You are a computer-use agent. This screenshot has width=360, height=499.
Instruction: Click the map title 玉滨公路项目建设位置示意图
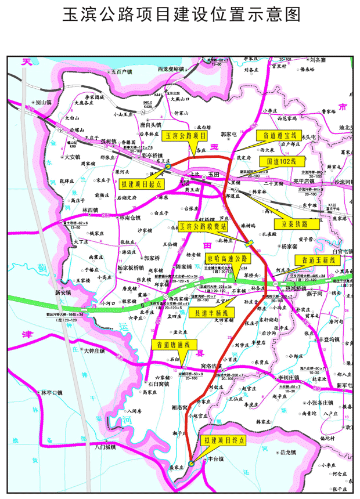[x=180, y=15]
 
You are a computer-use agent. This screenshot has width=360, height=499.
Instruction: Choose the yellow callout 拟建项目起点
[x=142, y=184]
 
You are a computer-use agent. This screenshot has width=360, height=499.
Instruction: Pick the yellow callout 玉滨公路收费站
[x=203, y=226]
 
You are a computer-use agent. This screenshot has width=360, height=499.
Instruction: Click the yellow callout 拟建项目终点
[x=224, y=440]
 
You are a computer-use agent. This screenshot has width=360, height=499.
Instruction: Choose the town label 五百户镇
[x=121, y=72]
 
